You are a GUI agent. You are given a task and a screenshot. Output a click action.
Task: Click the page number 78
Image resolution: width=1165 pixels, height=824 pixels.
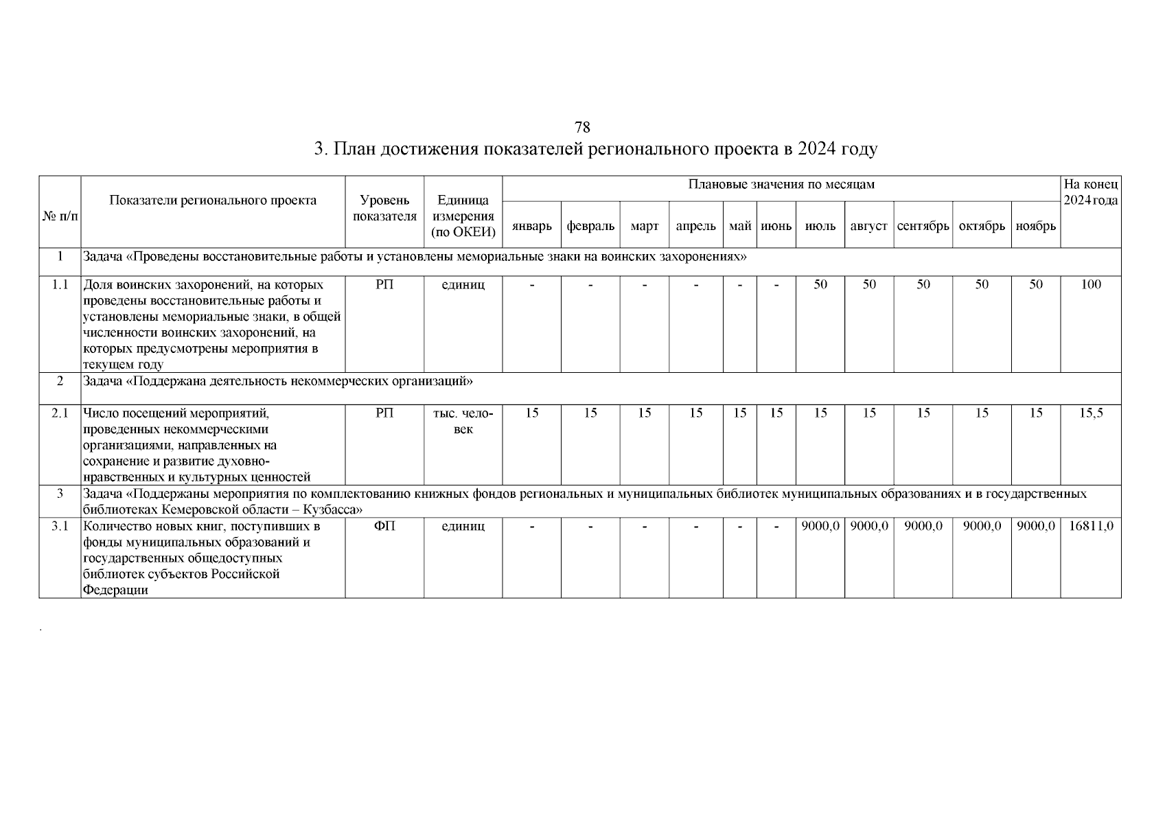pyautogui.click(x=582, y=128)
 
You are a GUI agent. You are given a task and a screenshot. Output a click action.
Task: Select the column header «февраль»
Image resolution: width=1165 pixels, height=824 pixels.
pyautogui.click(x=590, y=226)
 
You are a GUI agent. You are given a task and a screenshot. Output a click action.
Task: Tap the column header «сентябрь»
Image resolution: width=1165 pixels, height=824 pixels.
pyautogui.click(x=923, y=226)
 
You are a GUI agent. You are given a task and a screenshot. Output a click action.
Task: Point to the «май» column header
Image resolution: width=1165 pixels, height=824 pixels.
pyautogui.click(x=740, y=226)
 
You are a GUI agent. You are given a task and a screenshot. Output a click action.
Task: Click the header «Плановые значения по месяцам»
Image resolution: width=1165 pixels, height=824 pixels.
pyautogui.click(x=781, y=185)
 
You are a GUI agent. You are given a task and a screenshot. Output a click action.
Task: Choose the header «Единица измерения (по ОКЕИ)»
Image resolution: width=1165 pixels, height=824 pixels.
pyautogui.click(x=463, y=216)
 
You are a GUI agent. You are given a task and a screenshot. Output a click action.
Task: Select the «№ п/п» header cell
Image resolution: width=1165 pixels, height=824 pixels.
pyautogui.click(x=60, y=216)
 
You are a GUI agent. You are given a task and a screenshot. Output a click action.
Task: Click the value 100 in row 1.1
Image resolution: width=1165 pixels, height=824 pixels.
pyautogui.click(x=1090, y=284)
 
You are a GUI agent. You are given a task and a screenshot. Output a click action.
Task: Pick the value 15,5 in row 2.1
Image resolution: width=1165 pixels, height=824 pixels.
pyautogui.click(x=1090, y=413)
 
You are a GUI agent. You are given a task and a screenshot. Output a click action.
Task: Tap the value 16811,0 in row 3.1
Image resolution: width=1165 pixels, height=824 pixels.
pyautogui.click(x=1090, y=526)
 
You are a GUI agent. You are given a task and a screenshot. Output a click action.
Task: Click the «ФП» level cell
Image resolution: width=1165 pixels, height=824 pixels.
pyautogui.click(x=384, y=526)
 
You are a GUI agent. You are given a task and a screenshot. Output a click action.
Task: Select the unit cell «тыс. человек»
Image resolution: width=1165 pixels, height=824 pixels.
pyautogui.click(x=463, y=421)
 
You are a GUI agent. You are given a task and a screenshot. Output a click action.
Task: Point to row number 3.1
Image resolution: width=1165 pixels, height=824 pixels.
pyautogui.click(x=60, y=526)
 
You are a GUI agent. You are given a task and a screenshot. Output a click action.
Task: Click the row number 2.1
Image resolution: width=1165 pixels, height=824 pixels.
pyautogui.click(x=60, y=413)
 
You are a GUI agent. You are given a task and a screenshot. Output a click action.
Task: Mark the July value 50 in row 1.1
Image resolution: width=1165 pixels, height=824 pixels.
pyautogui.click(x=820, y=284)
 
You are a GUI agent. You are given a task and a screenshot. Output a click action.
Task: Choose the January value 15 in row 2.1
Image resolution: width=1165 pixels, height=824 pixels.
pyautogui.click(x=531, y=413)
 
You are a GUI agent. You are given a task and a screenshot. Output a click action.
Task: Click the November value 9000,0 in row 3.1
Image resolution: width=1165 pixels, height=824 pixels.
pyautogui.click(x=1035, y=526)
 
